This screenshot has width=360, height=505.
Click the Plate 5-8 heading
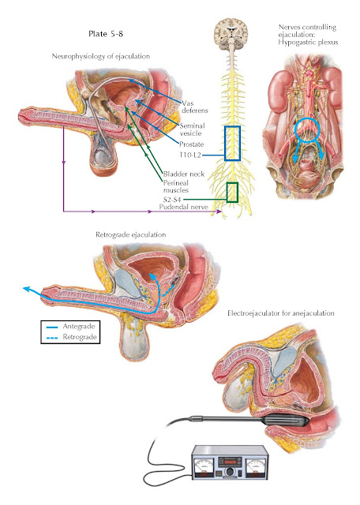pos(106,34)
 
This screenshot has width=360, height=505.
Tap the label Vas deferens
pos(195,107)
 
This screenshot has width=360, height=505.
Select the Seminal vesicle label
pos(192,129)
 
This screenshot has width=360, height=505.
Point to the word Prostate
pos(191,144)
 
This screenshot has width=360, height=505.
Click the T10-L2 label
pos(190,155)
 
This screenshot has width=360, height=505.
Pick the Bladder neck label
pos(184,174)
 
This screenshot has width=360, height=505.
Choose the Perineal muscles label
pos(175,186)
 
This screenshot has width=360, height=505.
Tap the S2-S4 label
pos(172,200)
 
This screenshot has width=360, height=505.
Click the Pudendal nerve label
pos(183,207)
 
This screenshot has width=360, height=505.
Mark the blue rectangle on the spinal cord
pos(225,144)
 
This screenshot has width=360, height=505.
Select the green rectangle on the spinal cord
pos(227,193)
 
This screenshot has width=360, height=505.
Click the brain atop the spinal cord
pos(231,34)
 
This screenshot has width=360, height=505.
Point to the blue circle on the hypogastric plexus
pos(295,130)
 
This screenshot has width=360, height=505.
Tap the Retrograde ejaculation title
pos(131,234)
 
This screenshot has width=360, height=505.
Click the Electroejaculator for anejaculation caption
pos(281,313)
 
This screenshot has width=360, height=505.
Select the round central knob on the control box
pos(230,472)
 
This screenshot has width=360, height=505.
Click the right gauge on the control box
pos(256,466)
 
